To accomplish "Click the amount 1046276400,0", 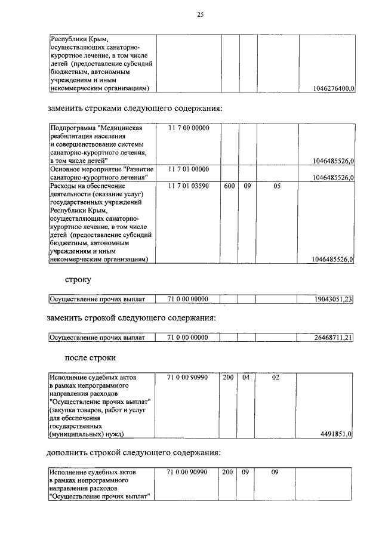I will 333,88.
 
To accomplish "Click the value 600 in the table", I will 229,186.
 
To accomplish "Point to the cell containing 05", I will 276,186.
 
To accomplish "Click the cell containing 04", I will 245,378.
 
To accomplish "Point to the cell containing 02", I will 276,378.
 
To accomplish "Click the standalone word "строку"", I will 78,279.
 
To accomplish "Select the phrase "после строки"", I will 90,358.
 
